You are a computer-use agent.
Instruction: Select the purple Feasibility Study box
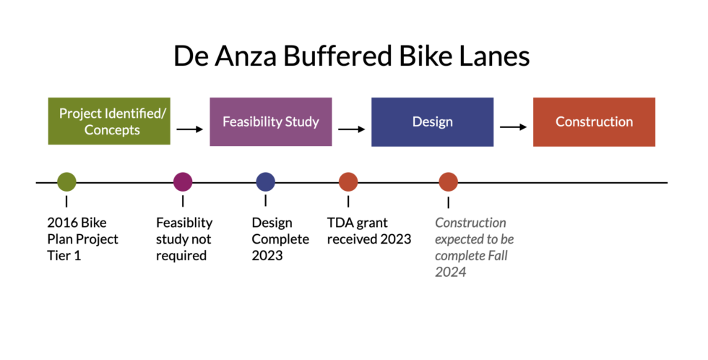(x=270, y=121)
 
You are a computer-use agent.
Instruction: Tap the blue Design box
(x=432, y=121)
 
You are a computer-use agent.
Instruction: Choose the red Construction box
(x=594, y=121)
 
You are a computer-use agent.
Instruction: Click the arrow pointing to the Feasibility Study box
(x=190, y=129)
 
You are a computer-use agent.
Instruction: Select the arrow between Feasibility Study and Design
(x=352, y=129)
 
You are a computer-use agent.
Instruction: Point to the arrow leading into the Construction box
(x=514, y=127)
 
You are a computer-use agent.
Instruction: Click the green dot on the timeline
(x=66, y=182)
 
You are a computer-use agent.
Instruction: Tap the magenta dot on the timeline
(x=183, y=182)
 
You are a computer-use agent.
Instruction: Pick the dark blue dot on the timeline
(x=265, y=182)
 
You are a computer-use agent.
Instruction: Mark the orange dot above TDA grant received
(x=348, y=182)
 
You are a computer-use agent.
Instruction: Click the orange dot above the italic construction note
(x=448, y=182)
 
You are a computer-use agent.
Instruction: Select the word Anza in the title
(x=241, y=56)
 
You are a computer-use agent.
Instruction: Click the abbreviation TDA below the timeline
(x=340, y=223)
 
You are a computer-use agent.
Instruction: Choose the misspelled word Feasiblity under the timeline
(x=184, y=223)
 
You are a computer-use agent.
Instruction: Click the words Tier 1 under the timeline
(x=64, y=256)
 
